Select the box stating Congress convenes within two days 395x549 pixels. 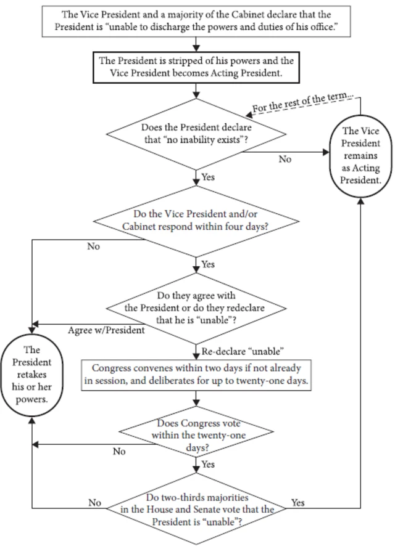(x=197, y=375)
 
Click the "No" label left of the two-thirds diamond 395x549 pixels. (x=94, y=503)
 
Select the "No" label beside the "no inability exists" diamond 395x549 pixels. (x=285, y=158)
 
